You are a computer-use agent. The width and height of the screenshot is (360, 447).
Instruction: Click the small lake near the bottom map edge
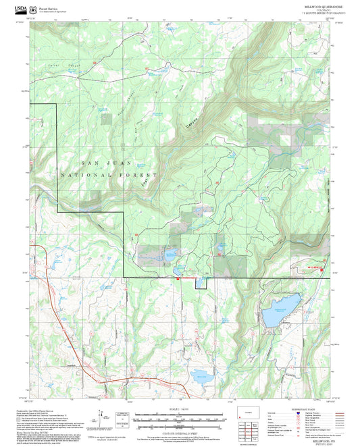(201, 375)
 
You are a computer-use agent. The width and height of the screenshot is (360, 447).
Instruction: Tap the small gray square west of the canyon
(106, 119)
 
